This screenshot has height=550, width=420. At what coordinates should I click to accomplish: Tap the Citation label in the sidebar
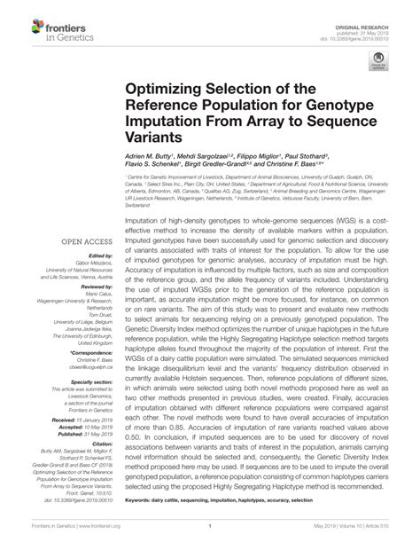102,444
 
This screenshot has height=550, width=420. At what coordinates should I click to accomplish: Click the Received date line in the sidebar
88,418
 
